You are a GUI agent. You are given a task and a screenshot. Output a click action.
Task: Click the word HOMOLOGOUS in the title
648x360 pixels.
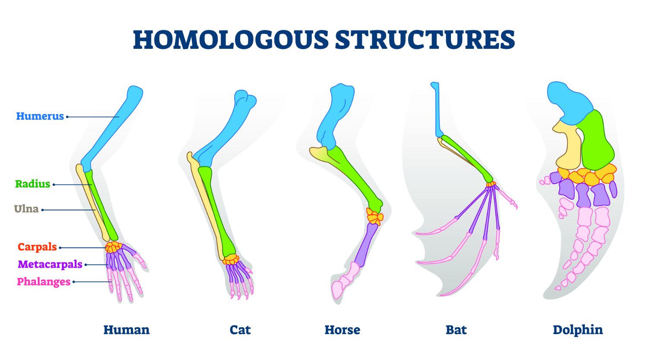(x=231, y=40)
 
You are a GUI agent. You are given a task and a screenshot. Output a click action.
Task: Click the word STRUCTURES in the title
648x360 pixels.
(x=425, y=40)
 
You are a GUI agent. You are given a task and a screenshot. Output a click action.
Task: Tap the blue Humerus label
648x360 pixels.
(x=40, y=116)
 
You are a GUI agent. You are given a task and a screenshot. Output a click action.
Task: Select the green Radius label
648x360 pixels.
(x=33, y=184)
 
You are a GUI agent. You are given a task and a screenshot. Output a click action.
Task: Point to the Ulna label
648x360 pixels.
(x=26, y=209)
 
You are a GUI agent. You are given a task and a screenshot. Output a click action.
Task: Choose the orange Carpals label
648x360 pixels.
(x=37, y=247)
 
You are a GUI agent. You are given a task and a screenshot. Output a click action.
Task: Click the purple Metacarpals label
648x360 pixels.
(x=50, y=264)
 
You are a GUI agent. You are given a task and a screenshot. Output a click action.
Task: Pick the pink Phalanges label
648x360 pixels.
(x=44, y=282)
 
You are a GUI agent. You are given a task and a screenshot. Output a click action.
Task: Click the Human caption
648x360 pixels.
(x=126, y=330)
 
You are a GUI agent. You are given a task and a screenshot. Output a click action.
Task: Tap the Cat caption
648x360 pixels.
(x=240, y=330)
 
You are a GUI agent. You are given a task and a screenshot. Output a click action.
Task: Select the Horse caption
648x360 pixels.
(x=342, y=330)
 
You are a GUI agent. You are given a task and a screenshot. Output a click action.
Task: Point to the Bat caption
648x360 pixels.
(x=456, y=330)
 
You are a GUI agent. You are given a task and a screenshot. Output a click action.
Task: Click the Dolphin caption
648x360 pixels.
(x=578, y=330)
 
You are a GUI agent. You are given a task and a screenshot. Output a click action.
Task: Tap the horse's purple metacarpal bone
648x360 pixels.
(x=368, y=244)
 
